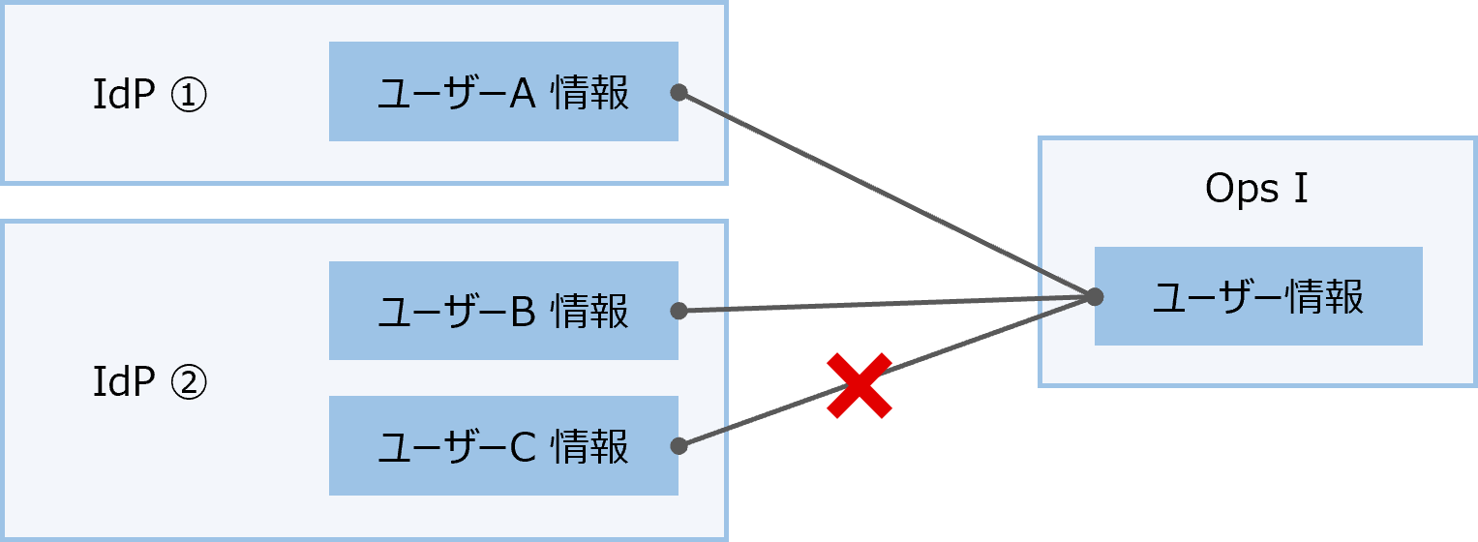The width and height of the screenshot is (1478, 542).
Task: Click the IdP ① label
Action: pyautogui.click(x=149, y=95)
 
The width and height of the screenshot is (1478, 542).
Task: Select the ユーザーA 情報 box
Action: pyautogui.click(x=503, y=92)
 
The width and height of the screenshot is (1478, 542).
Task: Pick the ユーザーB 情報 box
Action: pyautogui.click(x=503, y=311)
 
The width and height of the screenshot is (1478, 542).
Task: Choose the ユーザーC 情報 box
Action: pyautogui.click(x=503, y=446)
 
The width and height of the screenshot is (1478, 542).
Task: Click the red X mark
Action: pyautogui.click(x=859, y=386)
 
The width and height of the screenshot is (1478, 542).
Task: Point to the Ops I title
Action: pyautogui.click(x=1256, y=190)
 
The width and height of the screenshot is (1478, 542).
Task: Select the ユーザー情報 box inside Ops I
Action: pyautogui.click(x=1258, y=296)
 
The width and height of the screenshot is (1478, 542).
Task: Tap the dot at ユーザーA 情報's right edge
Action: pyautogui.click(x=679, y=92)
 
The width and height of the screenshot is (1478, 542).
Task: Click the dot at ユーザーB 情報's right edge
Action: pyautogui.click(x=679, y=311)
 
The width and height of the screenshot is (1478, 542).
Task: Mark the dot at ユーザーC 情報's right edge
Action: pyautogui.click(x=679, y=446)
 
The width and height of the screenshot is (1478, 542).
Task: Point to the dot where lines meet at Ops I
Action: pyautogui.click(x=1095, y=296)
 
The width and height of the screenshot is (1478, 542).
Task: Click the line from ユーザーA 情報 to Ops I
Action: pyautogui.click(x=886, y=194)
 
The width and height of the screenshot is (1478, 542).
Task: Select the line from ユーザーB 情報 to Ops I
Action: pyautogui.click(x=886, y=304)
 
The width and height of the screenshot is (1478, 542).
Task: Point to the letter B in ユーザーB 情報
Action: pyautogui.click(x=523, y=312)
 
